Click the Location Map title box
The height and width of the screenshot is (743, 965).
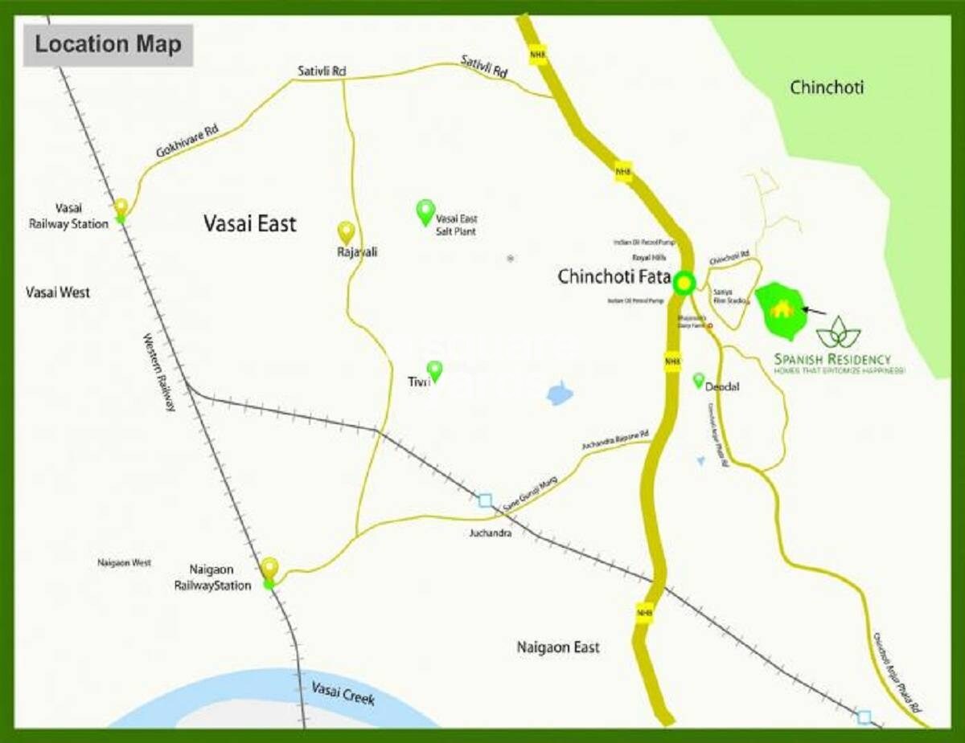pyautogui.click(x=108, y=44)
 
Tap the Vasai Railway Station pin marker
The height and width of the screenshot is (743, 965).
pyautogui.click(x=121, y=207)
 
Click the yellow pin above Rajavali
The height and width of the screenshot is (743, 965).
pyautogui.click(x=346, y=232)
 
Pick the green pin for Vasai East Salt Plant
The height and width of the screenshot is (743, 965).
pyautogui.click(x=425, y=211)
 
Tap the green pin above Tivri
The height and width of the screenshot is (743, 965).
pyautogui.click(x=435, y=370)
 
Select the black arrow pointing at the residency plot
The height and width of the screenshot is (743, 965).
pyautogui.click(x=815, y=310)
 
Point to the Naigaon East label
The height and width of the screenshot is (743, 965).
pyautogui.click(x=558, y=647)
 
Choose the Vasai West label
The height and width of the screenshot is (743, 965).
pyautogui.click(x=57, y=292)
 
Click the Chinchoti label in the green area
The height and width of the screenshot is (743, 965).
pyautogui.click(x=827, y=87)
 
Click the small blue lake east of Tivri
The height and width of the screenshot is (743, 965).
pyautogui.click(x=560, y=394)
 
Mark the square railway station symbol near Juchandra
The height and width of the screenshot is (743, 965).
pyautogui.click(x=485, y=500)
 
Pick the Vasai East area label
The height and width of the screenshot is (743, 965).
pyautogui.click(x=249, y=223)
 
